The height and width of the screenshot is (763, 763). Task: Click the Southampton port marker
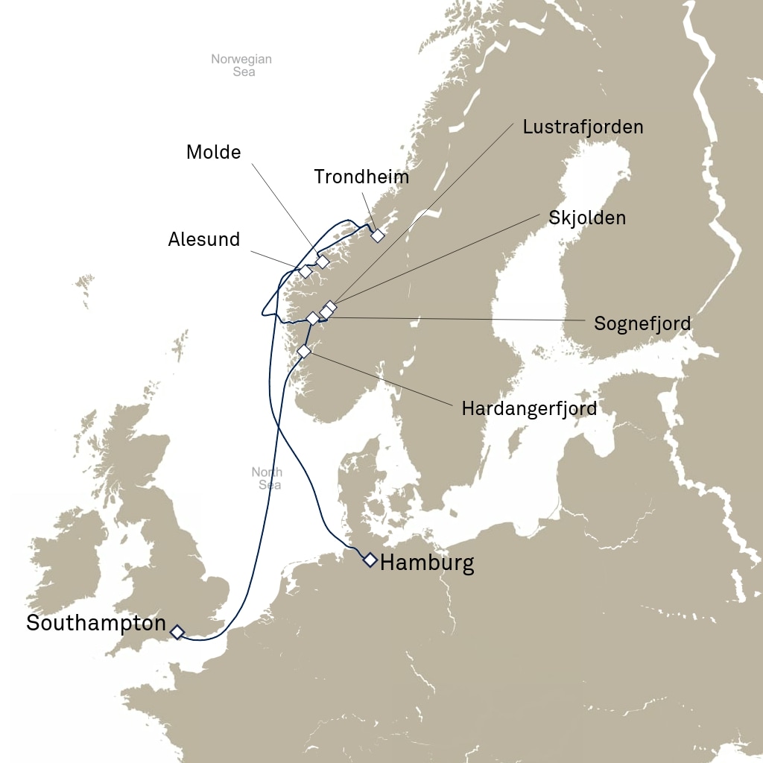coord(177,632)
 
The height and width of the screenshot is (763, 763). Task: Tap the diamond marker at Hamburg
coord(370,560)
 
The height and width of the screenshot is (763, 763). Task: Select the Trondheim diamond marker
coord(378,235)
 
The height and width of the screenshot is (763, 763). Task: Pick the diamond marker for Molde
coord(323,262)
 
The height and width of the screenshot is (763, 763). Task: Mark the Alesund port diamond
coord(305,271)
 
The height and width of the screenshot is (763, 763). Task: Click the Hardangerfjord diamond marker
coord(303,351)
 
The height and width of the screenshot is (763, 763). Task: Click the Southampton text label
coord(96,623)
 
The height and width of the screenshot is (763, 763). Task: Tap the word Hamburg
coord(427,563)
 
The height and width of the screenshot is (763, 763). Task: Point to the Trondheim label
coord(361,177)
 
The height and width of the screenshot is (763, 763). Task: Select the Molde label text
coord(214,152)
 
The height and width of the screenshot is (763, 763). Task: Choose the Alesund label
coord(204,239)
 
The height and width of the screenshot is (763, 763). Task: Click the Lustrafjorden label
coord(583,127)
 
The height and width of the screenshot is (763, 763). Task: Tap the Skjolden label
coord(587,218)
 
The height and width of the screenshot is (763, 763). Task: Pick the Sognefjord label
coord(642,323)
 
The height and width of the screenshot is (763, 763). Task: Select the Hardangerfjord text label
coord(529,408)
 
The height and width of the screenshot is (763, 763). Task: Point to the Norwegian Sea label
coord(241,66)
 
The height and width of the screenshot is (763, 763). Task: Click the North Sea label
coord(267,478)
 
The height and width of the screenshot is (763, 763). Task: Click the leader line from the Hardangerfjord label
coord(380,379)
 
